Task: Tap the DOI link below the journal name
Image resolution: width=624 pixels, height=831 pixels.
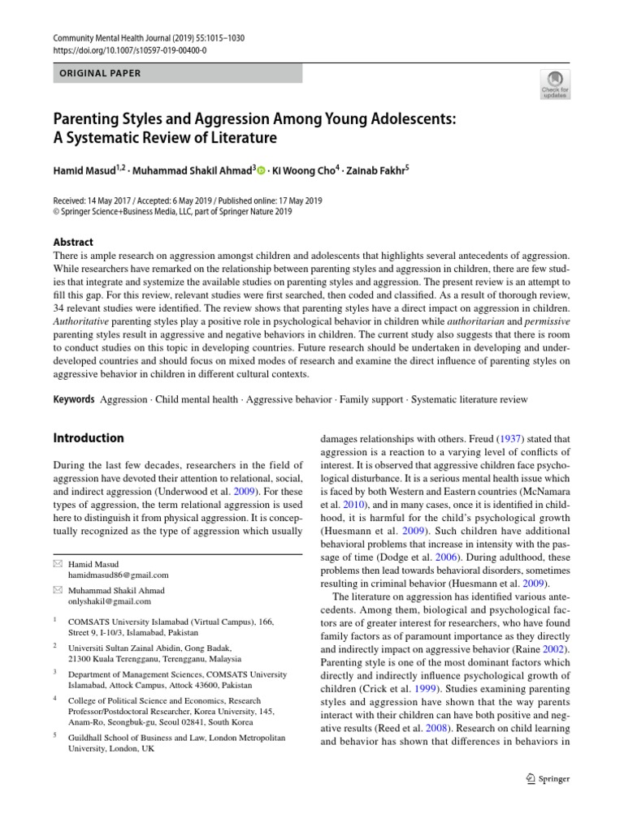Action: point(130,50)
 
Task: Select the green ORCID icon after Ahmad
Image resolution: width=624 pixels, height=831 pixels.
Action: point(262,170)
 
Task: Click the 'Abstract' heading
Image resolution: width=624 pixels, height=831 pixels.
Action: point(73,242)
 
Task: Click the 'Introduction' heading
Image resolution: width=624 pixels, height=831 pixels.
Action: point(89,438)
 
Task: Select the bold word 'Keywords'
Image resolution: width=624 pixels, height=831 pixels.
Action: point(73,399)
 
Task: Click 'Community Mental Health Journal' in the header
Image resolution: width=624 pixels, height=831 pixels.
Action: point(118,38)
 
